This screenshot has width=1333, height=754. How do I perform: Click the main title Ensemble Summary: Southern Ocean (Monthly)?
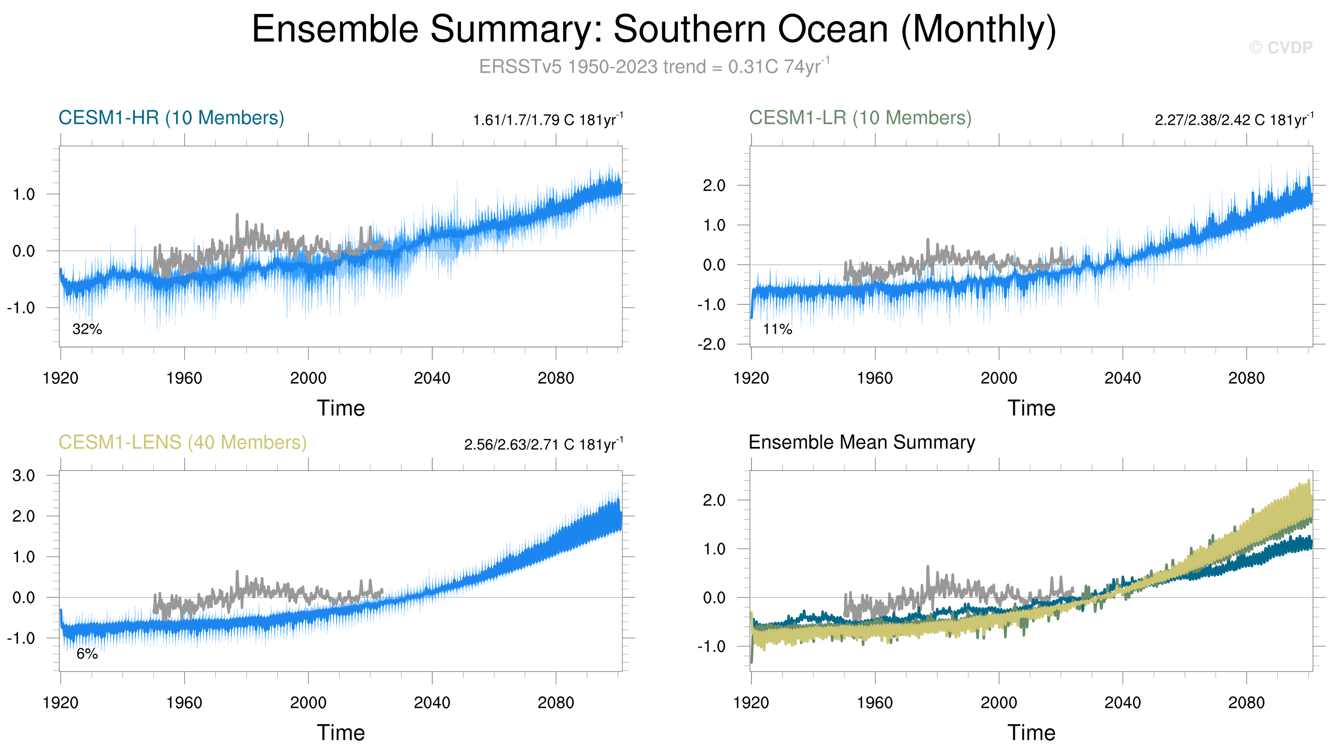tap(653, 30)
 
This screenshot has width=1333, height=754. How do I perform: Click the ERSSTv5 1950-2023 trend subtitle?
tap(653, 67)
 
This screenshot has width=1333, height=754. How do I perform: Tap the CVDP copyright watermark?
tap(1280, 47)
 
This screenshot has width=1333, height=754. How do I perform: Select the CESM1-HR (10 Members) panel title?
tap(171, 118)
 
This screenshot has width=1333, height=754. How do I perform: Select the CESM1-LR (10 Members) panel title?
tap(860, 118)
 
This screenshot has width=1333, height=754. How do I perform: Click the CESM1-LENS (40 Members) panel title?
tap(183, 443)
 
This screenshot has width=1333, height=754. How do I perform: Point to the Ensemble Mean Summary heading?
tap(862, 443)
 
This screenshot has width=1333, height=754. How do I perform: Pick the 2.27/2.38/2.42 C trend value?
tap(1234, 120)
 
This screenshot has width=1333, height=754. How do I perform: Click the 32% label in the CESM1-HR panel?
tap(87, 329)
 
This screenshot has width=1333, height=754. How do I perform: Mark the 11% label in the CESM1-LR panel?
tap(777, 329)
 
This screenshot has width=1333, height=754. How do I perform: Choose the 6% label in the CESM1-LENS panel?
tap(87, 654)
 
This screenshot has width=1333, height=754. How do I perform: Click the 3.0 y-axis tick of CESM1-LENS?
tap(23, 475)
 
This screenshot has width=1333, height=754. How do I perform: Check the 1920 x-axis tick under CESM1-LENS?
tap(61, 703)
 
